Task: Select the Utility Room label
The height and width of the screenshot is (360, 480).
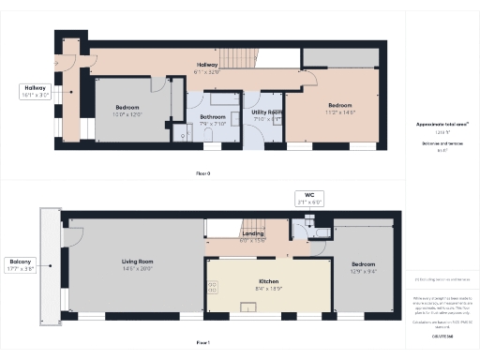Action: (262, 114)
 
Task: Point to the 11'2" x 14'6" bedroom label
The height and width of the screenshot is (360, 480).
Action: (339, 108)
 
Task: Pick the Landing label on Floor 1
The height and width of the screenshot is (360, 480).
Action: (253, 236)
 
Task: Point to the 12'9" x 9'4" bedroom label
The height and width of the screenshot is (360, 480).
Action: (364, 267)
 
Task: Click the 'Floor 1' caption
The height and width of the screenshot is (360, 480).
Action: (203, 343)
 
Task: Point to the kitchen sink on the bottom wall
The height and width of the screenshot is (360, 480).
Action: (253, 307)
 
